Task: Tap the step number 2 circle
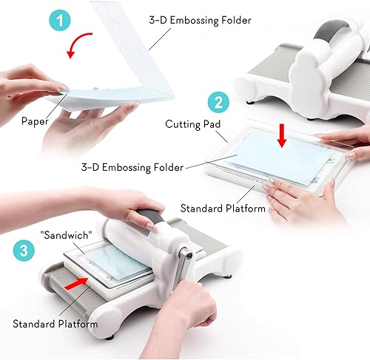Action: [x=217, y=102]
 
